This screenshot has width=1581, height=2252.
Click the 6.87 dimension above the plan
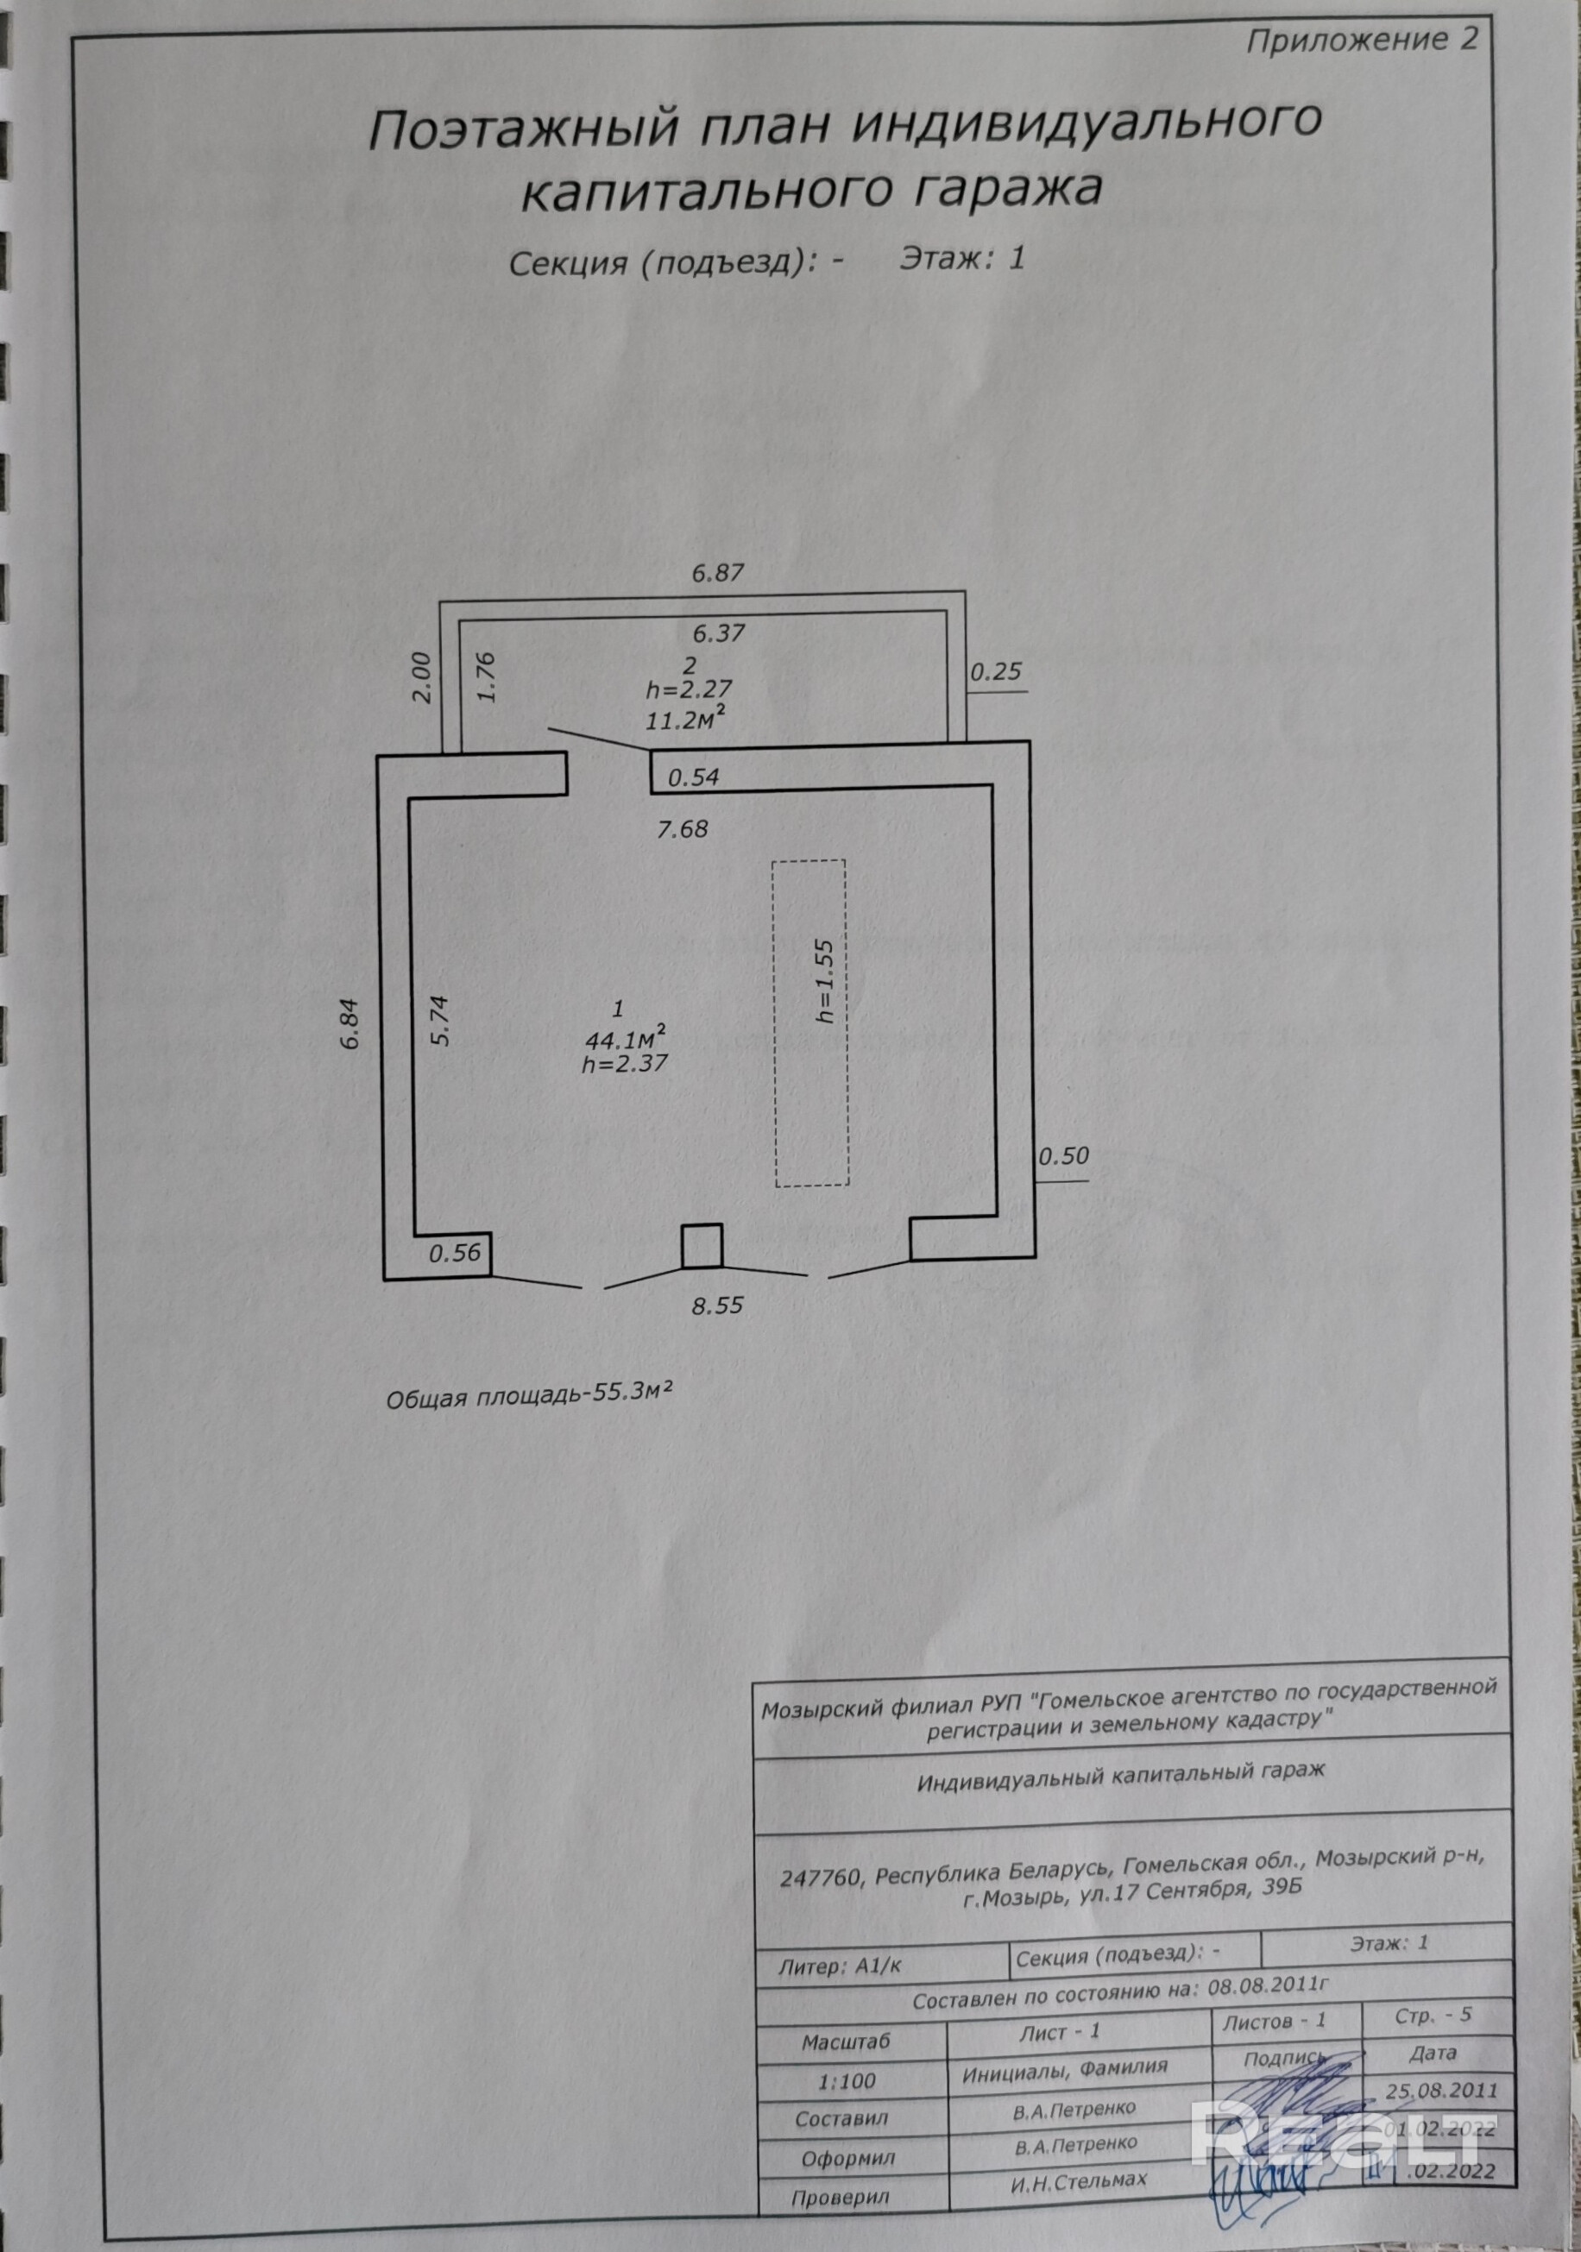[718, 574]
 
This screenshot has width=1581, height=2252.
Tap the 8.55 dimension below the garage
[717, 1306]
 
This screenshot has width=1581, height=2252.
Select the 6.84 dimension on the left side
[352, 1025]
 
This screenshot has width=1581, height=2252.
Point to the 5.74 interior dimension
[440, 1021]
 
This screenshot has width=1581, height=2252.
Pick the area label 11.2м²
[685, 720]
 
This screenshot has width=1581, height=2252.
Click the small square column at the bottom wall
[702, 1246]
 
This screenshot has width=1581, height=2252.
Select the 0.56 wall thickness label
[455, 1253]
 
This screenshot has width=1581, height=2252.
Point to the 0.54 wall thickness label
[693, 777]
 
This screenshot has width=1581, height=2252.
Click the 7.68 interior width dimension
[683, 830]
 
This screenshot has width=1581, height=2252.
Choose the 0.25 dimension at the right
[996, 672]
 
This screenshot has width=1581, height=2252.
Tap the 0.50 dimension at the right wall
[1063, 1156]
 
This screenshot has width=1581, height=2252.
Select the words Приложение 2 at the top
[1361, 41]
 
